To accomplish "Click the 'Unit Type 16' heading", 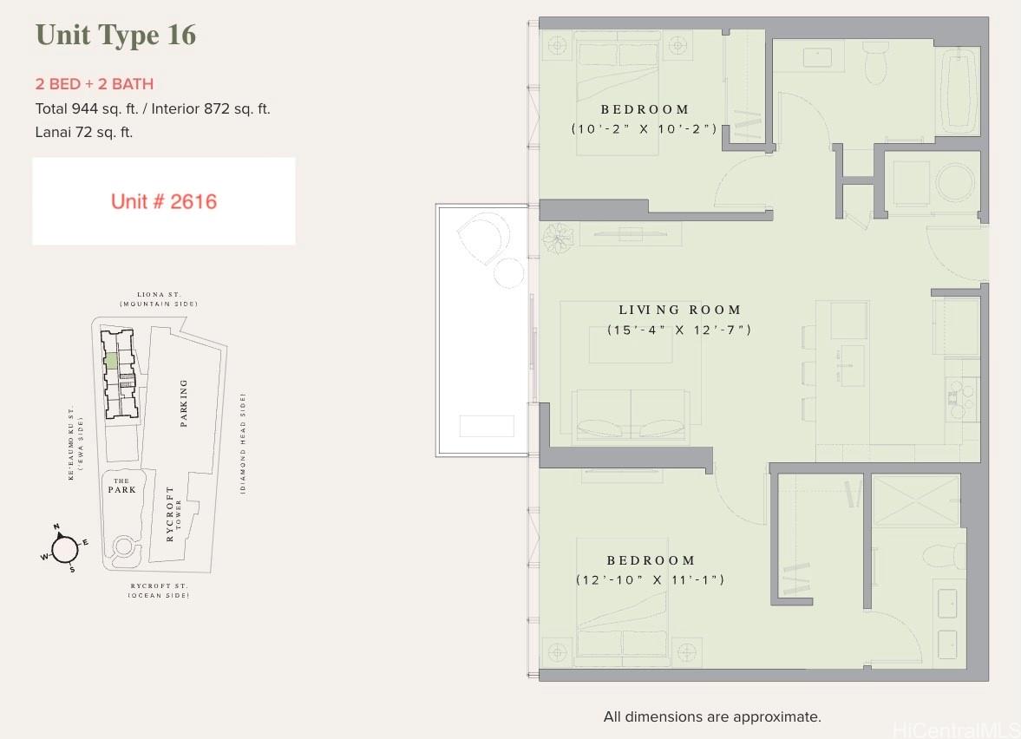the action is [x=115, y=36].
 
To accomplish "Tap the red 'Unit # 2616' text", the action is [x=163, y=202].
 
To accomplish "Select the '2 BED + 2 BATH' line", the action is [x=95, y=84].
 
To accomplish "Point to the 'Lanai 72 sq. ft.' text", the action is [x=84, y=132].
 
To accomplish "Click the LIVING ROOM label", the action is [x=680, y=310].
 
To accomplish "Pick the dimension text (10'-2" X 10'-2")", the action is [x=644, y=129].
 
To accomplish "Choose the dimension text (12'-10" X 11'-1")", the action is [x=650, y=579].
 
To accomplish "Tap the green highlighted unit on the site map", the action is [x=111, y=361].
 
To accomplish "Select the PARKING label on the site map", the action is [x=184, y=403].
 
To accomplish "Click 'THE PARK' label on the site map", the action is [x=121, y=486].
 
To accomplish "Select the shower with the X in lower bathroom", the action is [x=915, y=500].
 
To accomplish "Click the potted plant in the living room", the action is [x=558, y=238].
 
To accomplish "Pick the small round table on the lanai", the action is [x=508, y=273].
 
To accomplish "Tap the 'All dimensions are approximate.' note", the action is [x=712, y=716].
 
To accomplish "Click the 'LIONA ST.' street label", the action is [x=159, y=294].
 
